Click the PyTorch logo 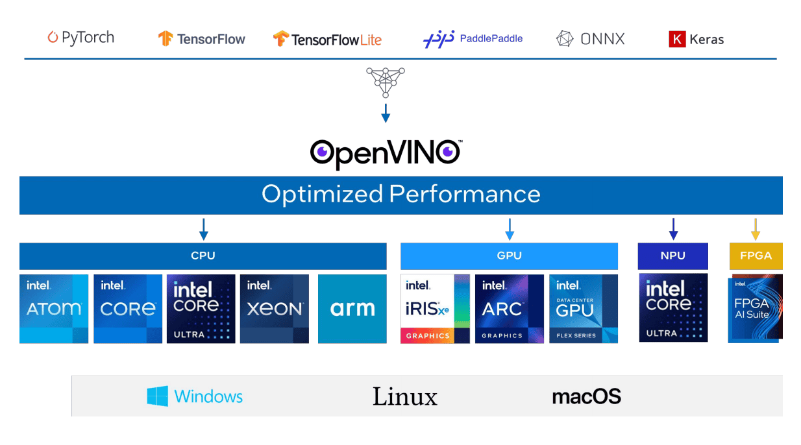[x=81, y=38]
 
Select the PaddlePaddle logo [x=473, y=39]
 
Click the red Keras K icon [x=677, y=40]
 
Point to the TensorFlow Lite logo [x=327, y=40]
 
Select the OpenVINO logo [x=386, y=153]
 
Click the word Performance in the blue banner [x=464, y=194]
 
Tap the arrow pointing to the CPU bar [x=203, y=229]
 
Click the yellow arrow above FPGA [x=756, y=229]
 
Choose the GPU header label [x=509, y=256]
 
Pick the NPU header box [x=672, y=256]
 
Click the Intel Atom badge [x=54, y=309]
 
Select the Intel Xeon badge [x=275, y=309]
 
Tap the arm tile [x=352, y=309]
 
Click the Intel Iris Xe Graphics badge [x=435, y=309]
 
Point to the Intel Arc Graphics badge [x=510, y=309]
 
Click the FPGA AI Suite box [x=755, y=308]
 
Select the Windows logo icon [x=157, y=396]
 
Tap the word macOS [x=586, y=396]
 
